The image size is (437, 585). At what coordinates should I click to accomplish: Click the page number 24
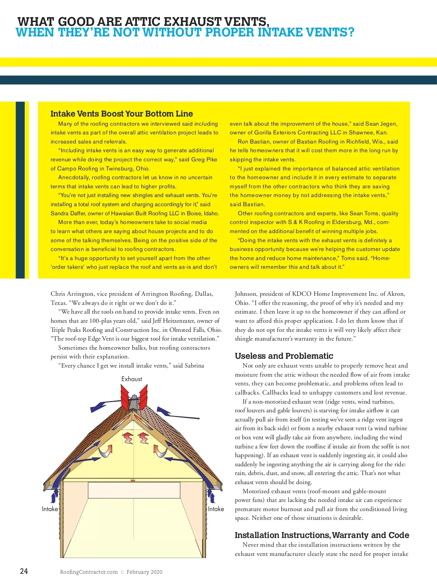click(x=24, y=571)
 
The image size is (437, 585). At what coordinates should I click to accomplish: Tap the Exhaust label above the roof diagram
click(x=131, y=379)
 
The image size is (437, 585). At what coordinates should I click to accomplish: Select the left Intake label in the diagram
click(x=50, y=509)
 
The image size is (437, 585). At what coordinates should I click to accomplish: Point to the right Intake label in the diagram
click(x=216, y=509)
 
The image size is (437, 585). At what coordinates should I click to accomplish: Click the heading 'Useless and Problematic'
click(x=284, y=356)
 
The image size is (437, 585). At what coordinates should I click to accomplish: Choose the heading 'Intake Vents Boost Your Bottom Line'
click(x=122, y=114)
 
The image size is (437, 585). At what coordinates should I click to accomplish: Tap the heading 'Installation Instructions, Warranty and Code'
click(x=322, y=535)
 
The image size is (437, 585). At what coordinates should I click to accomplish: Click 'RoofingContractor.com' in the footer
click(x=89, y=572)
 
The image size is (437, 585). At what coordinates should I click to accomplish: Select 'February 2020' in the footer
click(x=145, y=572)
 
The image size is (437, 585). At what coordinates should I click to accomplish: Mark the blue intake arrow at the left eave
click(x=55, y=496)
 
